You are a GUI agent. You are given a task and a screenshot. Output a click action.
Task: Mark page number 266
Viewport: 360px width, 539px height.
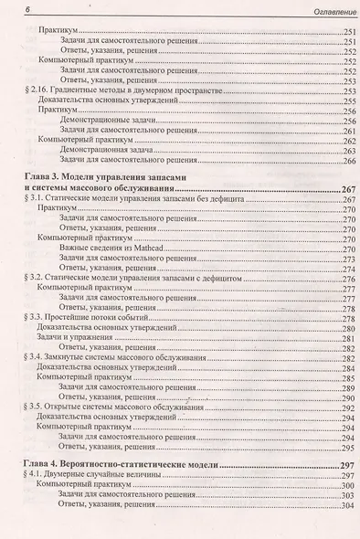pos(343,161)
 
